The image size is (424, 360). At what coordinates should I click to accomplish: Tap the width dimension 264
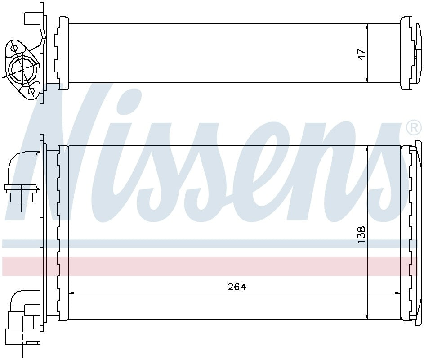click(237, 287)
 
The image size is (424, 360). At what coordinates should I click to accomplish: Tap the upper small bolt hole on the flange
click(14, 48)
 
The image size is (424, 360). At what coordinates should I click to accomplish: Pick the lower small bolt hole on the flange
click(31, 91)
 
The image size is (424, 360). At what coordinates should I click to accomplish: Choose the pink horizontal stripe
click(211, 266)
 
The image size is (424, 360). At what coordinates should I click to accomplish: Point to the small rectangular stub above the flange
click(31, 19)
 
